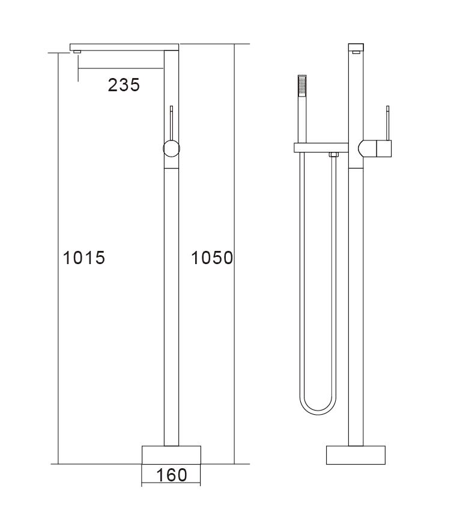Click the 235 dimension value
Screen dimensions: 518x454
pos(124,85)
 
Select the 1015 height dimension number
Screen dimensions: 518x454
pos(84,257)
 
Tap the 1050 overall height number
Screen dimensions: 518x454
pos(211,257)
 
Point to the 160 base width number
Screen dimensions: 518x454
pos(171,475)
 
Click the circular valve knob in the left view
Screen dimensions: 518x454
pos(172,148)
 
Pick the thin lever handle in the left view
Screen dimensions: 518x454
pos(172,122)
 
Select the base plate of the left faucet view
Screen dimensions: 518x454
pos(171,454)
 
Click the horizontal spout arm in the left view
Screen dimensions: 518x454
pos(125,47)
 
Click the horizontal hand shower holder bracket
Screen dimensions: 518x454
pos(321,147)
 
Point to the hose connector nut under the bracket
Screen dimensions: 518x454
pos(334,155)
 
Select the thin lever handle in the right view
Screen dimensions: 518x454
pos(388,122)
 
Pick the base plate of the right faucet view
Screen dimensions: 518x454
pos(356,454)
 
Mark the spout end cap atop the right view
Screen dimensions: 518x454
pos(356,47)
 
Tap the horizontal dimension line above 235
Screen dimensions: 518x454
pos(120,68)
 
